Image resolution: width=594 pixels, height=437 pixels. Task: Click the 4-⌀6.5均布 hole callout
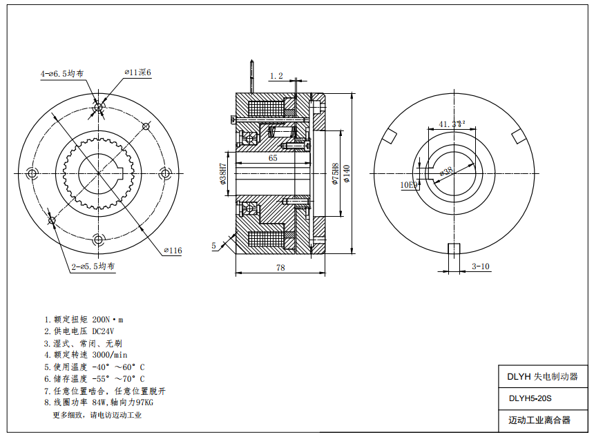click(62, 72)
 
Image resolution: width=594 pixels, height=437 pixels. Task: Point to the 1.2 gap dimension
click(276, 75)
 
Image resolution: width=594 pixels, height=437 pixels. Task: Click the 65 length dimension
click(273, 158)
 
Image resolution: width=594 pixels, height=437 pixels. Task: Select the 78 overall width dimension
click(280, 266)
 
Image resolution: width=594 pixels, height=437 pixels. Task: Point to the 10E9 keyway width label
click(409, 185)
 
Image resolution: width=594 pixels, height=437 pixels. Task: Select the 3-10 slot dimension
click(481, 266)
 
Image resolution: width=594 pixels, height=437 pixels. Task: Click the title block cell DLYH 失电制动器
click(542, 377)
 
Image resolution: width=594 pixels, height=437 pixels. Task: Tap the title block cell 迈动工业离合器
click(539, 420)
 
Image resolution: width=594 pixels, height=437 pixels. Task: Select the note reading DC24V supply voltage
click(79, 331)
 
